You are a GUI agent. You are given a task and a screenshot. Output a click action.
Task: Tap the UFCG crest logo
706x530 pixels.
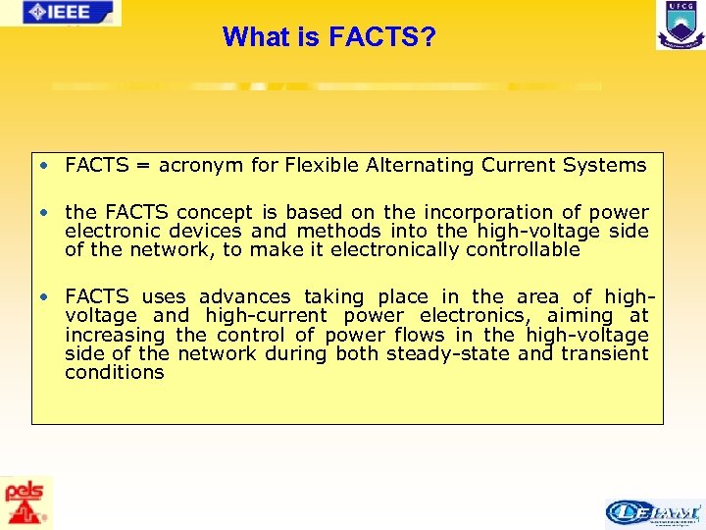pyautogui.click(x=680, y=25)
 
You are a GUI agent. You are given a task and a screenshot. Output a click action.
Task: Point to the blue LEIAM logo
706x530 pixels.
pyautogui.click(x=653, y=512)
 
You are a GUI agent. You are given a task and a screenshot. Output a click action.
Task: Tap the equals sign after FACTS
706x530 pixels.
pyautogui.click(x=141, y=166)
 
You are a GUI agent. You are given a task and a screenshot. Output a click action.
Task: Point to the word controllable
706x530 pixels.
pyautogui.click(x=523, y=249)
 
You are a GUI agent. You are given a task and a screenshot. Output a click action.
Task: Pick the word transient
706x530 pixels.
pyautogui.click(x=605, y=353)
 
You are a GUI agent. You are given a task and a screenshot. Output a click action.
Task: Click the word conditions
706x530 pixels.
pyautogui.click(x=114, y=372)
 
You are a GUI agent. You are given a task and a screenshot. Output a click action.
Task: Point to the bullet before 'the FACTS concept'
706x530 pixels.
pyautogui.click(x=45, y=212)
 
